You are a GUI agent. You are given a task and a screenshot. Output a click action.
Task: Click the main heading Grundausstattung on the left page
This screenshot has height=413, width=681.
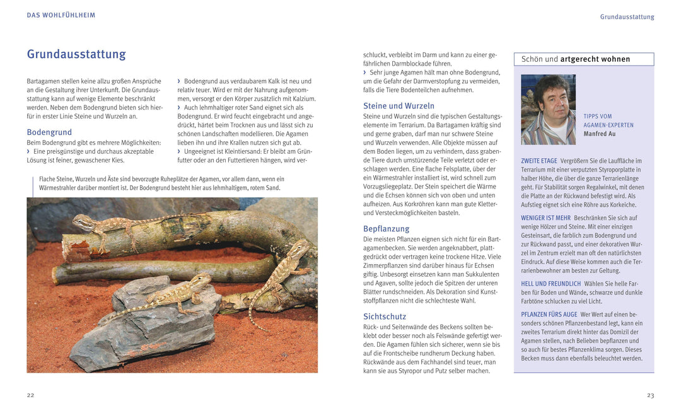coord(76,54)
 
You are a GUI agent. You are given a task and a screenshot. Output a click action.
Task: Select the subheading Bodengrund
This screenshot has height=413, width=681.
coord(49,132)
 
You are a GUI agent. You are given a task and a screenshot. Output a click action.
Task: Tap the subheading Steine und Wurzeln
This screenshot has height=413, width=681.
coord(399,106)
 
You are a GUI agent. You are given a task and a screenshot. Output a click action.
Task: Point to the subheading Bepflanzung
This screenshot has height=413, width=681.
coord(386,229)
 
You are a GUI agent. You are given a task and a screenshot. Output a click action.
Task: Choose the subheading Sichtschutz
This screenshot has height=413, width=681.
coord(385,317)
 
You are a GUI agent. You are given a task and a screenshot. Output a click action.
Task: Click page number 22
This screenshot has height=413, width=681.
coord(30,395)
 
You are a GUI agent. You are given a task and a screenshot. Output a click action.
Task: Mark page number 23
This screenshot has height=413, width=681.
coord(650,395)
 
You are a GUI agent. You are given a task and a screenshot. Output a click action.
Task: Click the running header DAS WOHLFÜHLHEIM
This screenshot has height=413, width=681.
coord(61,15)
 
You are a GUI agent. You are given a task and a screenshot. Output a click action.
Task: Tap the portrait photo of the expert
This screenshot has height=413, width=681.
coord(548,110)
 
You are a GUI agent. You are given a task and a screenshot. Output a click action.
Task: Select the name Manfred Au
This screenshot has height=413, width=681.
coord(599,134)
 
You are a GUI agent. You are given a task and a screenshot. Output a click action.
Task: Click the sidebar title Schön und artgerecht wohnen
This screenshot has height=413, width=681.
coord(576,59)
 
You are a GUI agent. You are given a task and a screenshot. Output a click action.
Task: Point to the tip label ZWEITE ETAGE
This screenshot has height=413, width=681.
coord(539,161)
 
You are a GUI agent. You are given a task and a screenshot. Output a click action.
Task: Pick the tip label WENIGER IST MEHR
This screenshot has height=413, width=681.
coord(545,218)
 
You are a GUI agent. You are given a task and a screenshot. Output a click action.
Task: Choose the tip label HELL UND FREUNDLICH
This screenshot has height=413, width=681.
coord(550,284)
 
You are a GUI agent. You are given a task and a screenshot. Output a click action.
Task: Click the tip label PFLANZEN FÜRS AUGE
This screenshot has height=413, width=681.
coord(549,315)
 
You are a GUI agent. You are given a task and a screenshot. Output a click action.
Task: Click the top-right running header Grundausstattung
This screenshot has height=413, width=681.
coord(627,17)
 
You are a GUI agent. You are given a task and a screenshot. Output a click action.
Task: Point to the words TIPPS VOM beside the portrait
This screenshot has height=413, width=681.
coord(598,117)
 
